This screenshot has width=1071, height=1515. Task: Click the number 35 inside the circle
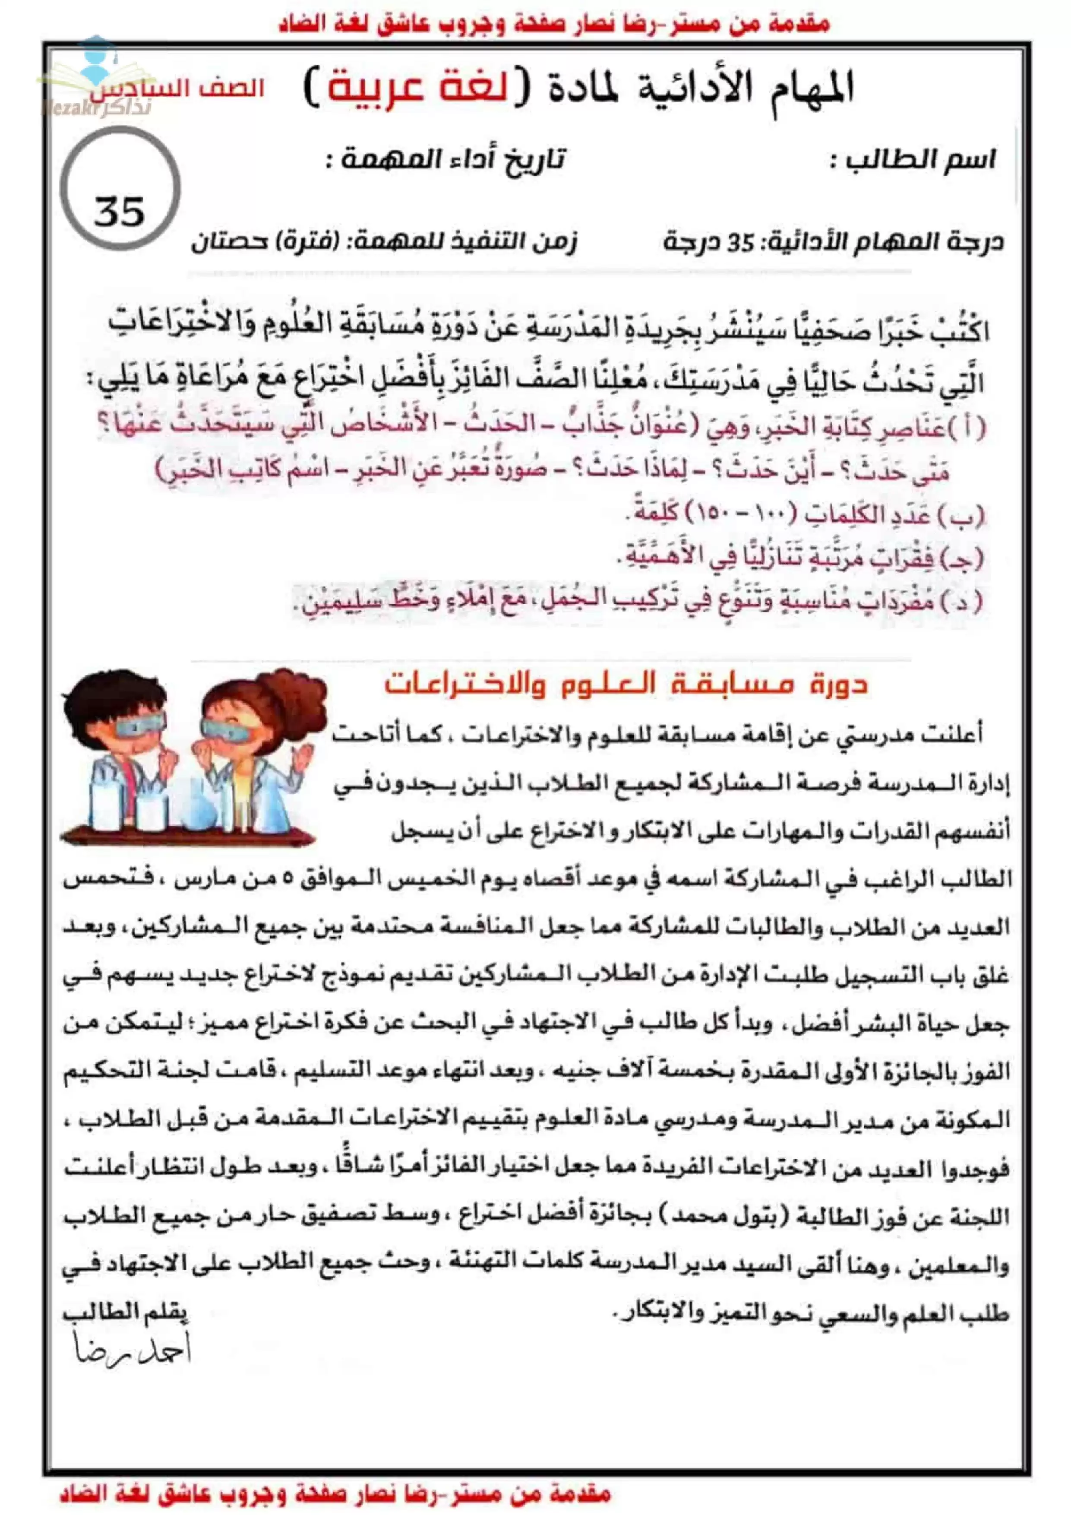click(x=120, y=211)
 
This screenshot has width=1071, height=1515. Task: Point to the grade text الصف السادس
click(x=177, y=89)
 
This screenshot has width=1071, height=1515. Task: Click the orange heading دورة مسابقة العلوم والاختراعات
click(x=626, y=684)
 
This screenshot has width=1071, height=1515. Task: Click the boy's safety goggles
click(x=140, y=725)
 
